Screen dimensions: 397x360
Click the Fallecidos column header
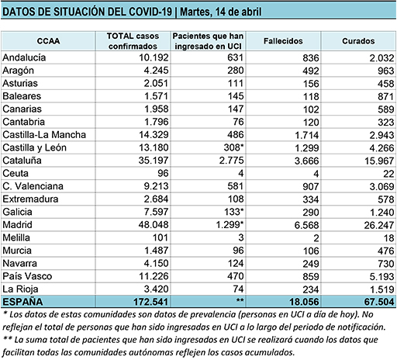[283, 41]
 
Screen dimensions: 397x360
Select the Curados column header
[358, 41]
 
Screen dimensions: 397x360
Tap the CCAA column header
[48, 41]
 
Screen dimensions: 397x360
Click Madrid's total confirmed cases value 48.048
[154, 224]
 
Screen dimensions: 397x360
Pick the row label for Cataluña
[22, 161]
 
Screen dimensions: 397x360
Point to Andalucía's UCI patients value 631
[235, 57]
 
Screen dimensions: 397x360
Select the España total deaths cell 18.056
[304, 302]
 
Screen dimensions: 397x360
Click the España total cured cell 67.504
[379, 302]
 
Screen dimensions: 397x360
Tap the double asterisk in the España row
[240, 300]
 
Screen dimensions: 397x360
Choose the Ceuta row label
[16, 173]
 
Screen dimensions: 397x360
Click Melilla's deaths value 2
[316, 238]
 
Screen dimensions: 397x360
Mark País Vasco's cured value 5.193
[381, 276]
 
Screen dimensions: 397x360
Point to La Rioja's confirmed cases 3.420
[156, 289]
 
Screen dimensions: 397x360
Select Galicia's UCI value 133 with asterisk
[233, 212]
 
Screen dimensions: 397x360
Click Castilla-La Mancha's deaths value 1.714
[307, 135]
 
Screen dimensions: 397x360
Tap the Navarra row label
[20, 263]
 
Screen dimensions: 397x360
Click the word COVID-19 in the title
[150, 12]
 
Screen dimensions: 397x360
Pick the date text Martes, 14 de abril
[221, 12]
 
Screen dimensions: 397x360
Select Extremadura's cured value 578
[386, 199]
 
